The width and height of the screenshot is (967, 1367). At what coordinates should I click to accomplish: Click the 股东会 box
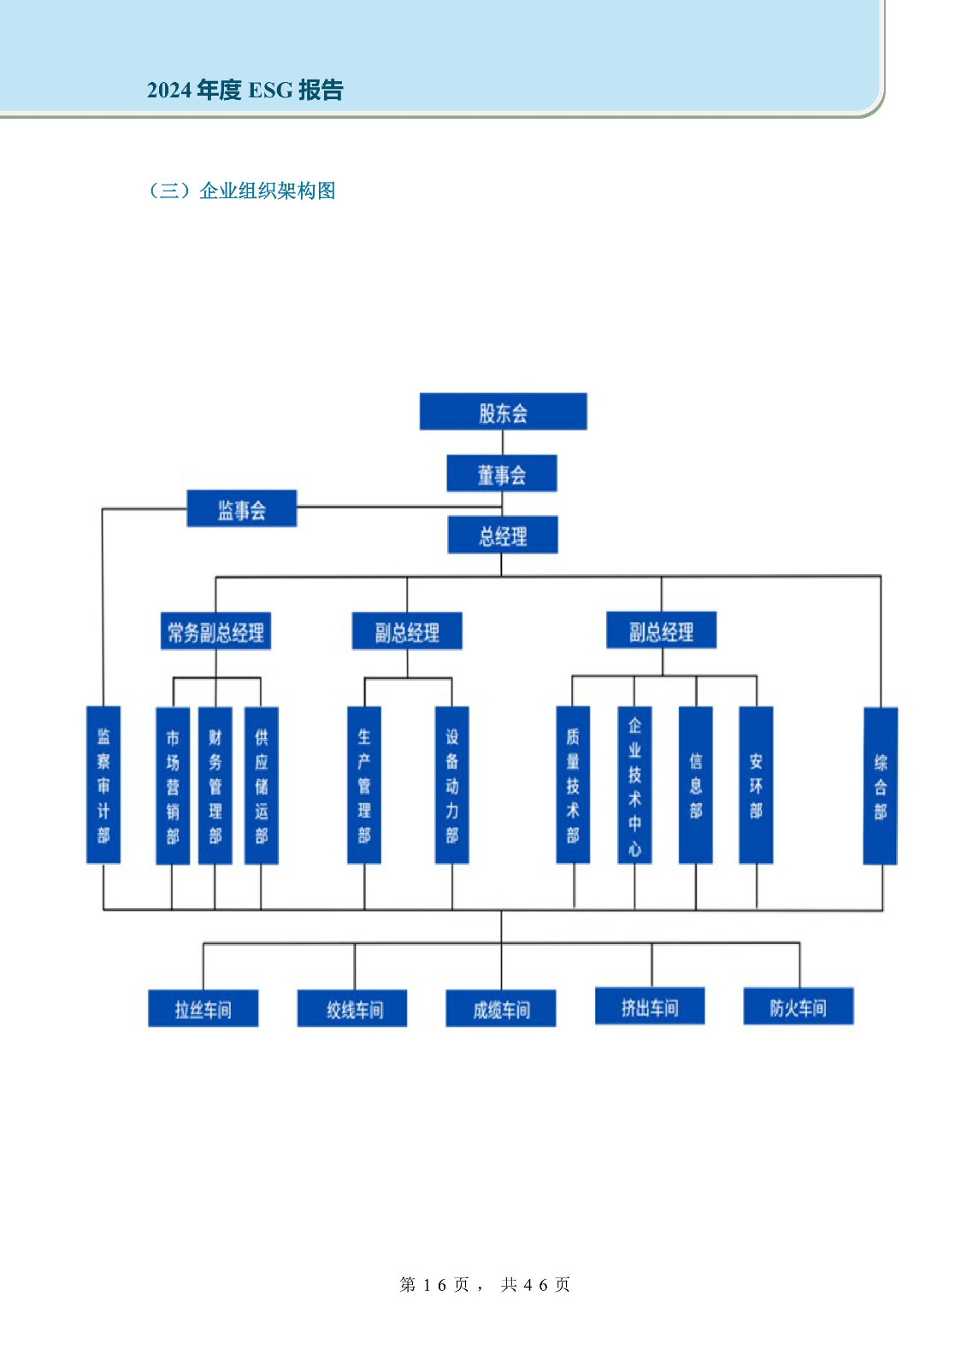[x=503, y=412]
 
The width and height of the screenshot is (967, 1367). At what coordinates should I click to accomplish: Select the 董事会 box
[x=502, y=473]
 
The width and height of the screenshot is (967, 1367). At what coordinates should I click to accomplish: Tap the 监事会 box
[x=241, y=509]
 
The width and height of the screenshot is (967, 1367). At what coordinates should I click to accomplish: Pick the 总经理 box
[x=503, y=536]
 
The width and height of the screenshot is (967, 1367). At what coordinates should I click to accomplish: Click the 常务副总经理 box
[x=215, y=632]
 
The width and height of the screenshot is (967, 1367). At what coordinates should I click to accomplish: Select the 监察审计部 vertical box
[x=103, y=784]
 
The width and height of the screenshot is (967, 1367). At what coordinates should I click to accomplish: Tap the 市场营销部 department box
[x=173, y=786]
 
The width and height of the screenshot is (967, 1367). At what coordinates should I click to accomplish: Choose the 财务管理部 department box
[x=215, y=786]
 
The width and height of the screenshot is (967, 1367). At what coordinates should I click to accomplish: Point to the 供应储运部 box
[x=262, y=786]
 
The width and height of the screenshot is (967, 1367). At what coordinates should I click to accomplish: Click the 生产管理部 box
[x=364, y=784]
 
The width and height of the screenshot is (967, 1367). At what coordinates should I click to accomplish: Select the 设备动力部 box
[x=452, y=784]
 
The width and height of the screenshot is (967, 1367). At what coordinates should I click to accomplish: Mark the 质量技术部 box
[x=573, y=784]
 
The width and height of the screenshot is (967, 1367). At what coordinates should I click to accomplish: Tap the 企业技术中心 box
[x=634, y=784]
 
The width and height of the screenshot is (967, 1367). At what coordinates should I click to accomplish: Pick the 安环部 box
[x=756, y=784]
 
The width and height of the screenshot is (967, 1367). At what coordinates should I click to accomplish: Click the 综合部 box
[x=881, y=786]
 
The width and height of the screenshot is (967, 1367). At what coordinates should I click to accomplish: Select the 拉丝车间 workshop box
[x=203, y=1009]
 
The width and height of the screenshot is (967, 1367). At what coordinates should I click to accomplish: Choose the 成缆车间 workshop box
[x=501, y=1009]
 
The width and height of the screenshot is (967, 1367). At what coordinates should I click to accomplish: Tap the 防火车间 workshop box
[x=799, y=1007]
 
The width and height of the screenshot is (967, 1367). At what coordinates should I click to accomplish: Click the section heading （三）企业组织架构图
[x=242, y=191]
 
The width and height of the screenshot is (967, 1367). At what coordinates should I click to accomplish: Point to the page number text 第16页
[x=435, y=1285]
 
